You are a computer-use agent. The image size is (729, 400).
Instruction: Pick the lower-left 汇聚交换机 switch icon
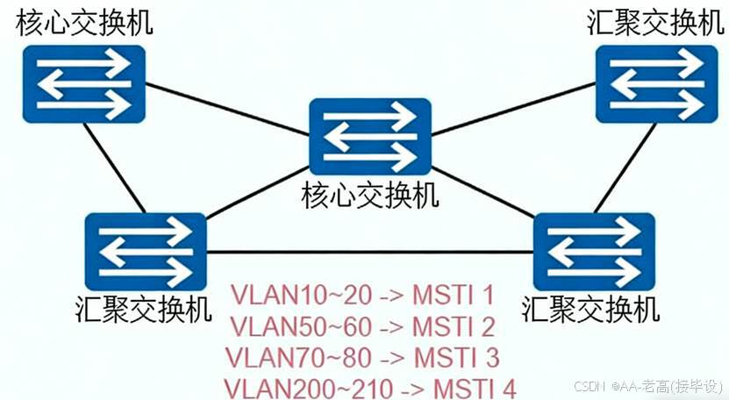tap(146, 252)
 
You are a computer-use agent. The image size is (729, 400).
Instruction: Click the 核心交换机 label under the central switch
tap(370, 196)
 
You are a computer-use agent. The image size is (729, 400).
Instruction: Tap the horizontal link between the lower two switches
tap(368, 253)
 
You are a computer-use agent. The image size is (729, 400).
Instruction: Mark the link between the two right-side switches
tap(626, 167)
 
